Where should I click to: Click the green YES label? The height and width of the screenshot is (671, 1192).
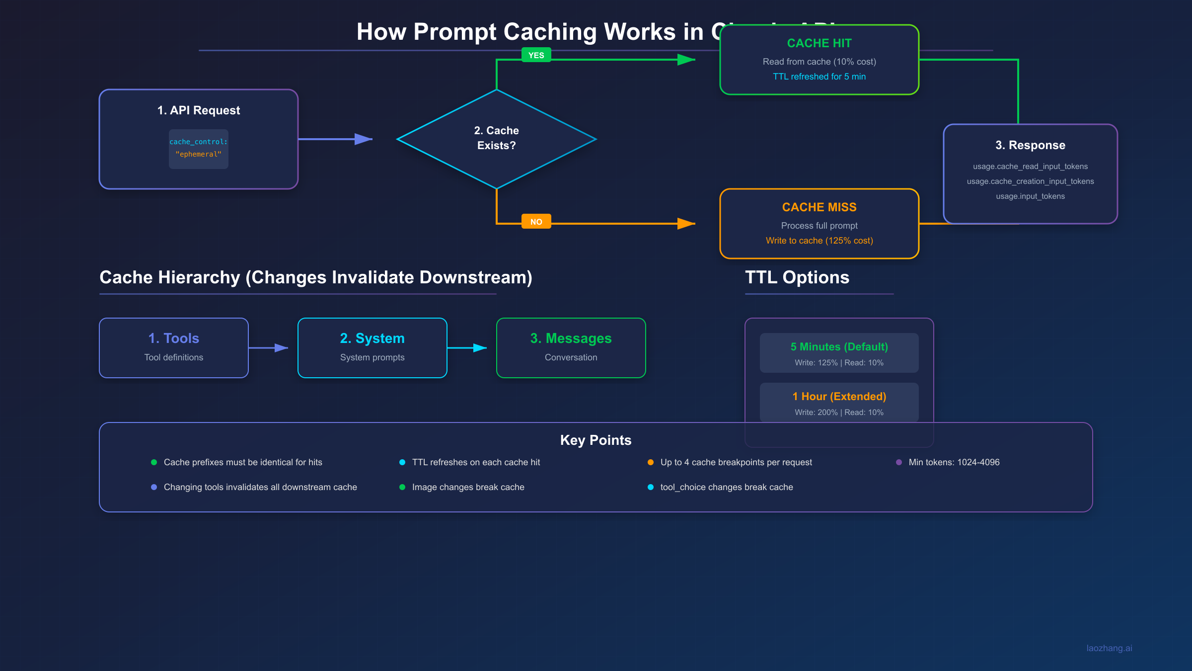tap(536, 55)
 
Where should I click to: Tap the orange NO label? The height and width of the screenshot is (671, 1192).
tap(536, 222)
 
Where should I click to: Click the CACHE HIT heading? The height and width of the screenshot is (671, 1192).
tap(819, 43)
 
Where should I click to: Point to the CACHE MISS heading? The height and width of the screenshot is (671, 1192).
tap(819, 207)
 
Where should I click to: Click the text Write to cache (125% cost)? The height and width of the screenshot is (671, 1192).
tap(819, 241)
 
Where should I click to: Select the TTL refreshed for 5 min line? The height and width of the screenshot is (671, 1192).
tap(819, 77)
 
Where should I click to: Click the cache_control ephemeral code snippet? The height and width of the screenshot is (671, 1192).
tap(198, 148)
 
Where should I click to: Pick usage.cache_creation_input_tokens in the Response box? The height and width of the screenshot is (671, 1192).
tap(1030, 181)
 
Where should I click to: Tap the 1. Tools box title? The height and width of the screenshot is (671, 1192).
tap(173, 338)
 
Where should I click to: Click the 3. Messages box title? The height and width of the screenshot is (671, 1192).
tap(571, 338)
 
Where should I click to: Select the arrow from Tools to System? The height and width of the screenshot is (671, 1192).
tap(268, 348)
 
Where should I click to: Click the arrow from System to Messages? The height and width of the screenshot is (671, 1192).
tap(467, 348)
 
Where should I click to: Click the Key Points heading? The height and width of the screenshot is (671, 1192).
tap(596, 440)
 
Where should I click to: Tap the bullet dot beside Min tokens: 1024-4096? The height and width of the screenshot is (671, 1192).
tap(898, 462)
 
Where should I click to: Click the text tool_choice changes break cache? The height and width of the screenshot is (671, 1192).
tap(726, 487)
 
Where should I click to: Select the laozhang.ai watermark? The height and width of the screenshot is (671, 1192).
tap(1109, 648)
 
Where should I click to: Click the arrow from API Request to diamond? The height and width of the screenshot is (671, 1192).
tap(335, 139)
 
